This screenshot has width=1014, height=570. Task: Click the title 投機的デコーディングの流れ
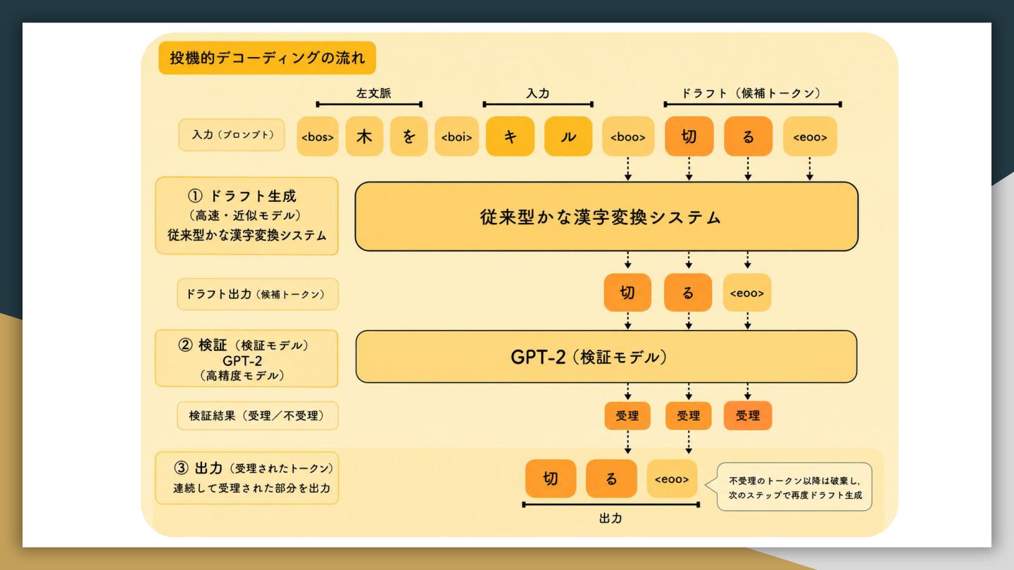[267, 58]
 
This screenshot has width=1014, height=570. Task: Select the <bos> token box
[318, 137]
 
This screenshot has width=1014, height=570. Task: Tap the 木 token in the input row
[364, 137]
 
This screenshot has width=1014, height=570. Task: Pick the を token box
[408, 137]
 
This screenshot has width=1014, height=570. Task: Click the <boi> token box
[456, 137]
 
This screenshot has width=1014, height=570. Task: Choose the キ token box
[510, 137]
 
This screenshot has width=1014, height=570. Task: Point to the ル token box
[568, 137]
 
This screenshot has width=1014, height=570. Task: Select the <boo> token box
[628, 137]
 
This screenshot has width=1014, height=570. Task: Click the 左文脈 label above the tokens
[373, 94]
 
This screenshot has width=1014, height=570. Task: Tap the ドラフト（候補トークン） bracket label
[751, 93]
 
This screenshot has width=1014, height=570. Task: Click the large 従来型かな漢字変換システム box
[606, 217]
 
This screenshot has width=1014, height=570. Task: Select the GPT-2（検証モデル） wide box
[606, 357]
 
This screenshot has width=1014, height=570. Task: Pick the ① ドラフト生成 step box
[246, 216]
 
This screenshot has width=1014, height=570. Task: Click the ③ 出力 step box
[246, 478]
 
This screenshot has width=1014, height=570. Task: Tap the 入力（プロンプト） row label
[231, 135]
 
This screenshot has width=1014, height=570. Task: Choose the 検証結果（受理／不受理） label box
[257, 416]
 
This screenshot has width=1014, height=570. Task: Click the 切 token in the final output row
[551, 479]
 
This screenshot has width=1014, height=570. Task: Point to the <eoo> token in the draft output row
[747, 293]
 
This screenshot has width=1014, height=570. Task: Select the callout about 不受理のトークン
[794, 487]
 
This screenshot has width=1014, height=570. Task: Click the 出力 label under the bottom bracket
[611, 519]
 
